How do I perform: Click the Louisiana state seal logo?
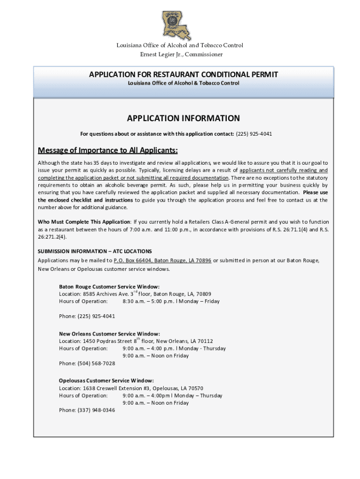pyautogui.click(x=180, y=25)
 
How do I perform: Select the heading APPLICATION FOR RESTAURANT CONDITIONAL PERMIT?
pyautogui.click(x=183, y=74)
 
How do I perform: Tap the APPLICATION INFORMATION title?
pyautogui.click(x=183, y=118)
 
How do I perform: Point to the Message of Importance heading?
pyautogui.click(x=108, y=150)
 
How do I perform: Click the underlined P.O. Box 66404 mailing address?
pyautogui.click(x=162, y=260)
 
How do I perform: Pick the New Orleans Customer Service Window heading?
pyautogui.click(x=109, y=334)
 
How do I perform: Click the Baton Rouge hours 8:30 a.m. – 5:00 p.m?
pyautogui.click(x=154, y=301)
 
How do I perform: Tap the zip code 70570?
pyautogui.click(x=195, y=388)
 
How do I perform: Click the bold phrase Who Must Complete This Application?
pyautogui.click(x=84, y=222)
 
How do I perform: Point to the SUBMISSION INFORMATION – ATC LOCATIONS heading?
pyautogui.click(x=95, y=251)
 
